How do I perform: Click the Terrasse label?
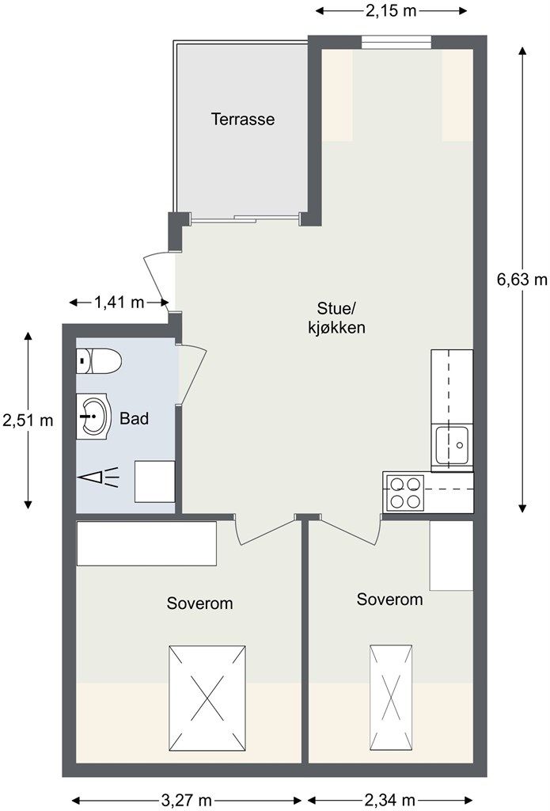[x=242, y=120]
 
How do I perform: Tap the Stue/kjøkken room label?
[x=336, y=318]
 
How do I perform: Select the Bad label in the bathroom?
[x=135, y=418]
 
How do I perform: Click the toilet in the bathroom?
[x=99, y=360]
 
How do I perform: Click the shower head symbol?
[x=98, y=478]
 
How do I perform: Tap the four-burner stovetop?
[x=405, y=493]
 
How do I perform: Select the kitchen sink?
[x=452, y=445]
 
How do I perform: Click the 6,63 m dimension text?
[x=522, y=280]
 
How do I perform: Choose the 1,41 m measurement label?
[x=119, y=302]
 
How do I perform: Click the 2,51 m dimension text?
[x=28, y=420]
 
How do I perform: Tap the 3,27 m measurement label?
[x=187, y=801]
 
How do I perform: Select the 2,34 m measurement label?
[x=390, y=801]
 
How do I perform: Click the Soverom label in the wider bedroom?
[x=199, y=603]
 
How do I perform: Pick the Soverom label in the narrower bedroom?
[x=390, y=599]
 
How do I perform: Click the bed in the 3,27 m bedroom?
[x=207, y=699]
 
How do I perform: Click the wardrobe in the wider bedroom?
[x=146, y=543]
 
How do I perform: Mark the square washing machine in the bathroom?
[x=154, y=482]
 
